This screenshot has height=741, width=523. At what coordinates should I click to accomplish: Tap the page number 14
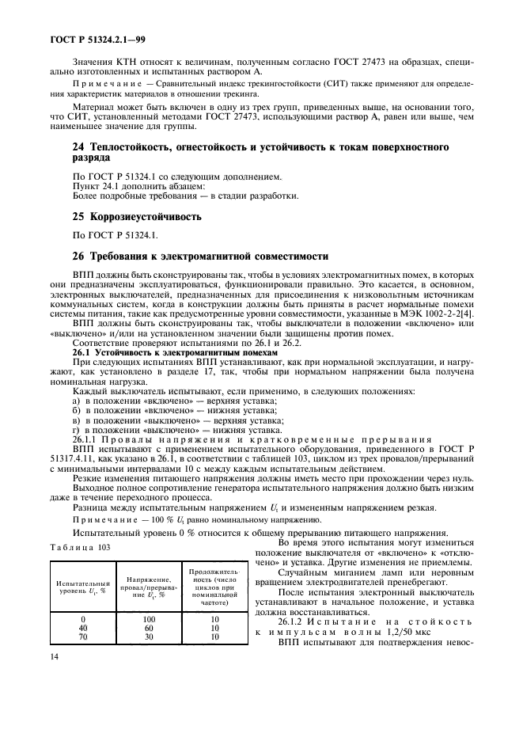click(55, 701)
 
